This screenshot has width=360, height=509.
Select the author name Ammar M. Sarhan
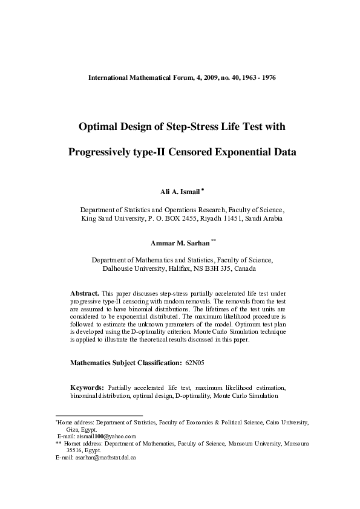coord(180,243)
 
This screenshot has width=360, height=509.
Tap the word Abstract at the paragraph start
coord(85,293)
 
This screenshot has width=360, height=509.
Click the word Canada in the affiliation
coord(245,268)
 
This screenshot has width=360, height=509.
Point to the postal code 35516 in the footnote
coord(75,450)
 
